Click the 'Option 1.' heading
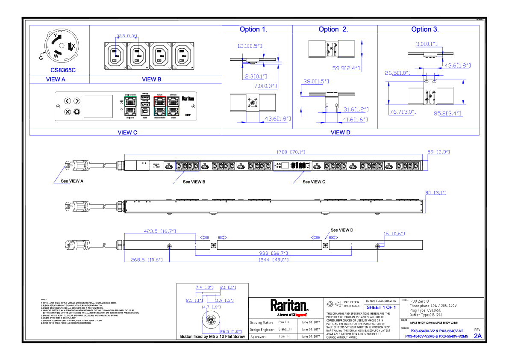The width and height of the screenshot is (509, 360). (x=253, y=30)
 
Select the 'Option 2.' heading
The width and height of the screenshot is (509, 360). (x=333, y=30)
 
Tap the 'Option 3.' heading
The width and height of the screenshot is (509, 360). (x=425, y=30)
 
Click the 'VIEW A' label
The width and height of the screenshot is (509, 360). (x=56, y=80)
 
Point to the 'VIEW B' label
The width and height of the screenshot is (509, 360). (x=152, y=80)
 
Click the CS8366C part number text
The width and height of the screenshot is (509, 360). (x=63, y=70)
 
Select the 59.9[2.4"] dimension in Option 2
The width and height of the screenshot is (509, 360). (x=346, y=68)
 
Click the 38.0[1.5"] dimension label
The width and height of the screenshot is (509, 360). (x=316, y=81)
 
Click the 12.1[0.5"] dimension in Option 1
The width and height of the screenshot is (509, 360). (x=250, y=46)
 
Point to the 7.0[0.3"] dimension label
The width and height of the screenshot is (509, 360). (x=266, y=86)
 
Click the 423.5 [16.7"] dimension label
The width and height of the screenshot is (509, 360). (x=160, y=231)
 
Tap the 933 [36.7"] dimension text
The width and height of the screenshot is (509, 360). (x=274, y=253)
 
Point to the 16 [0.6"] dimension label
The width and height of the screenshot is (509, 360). (x=394, y=233)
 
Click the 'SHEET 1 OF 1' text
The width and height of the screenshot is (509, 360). (x=381, y=307)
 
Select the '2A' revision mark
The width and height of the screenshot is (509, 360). (x=478, y=336)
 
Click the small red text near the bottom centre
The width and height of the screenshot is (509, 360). (x=301, y=315)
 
